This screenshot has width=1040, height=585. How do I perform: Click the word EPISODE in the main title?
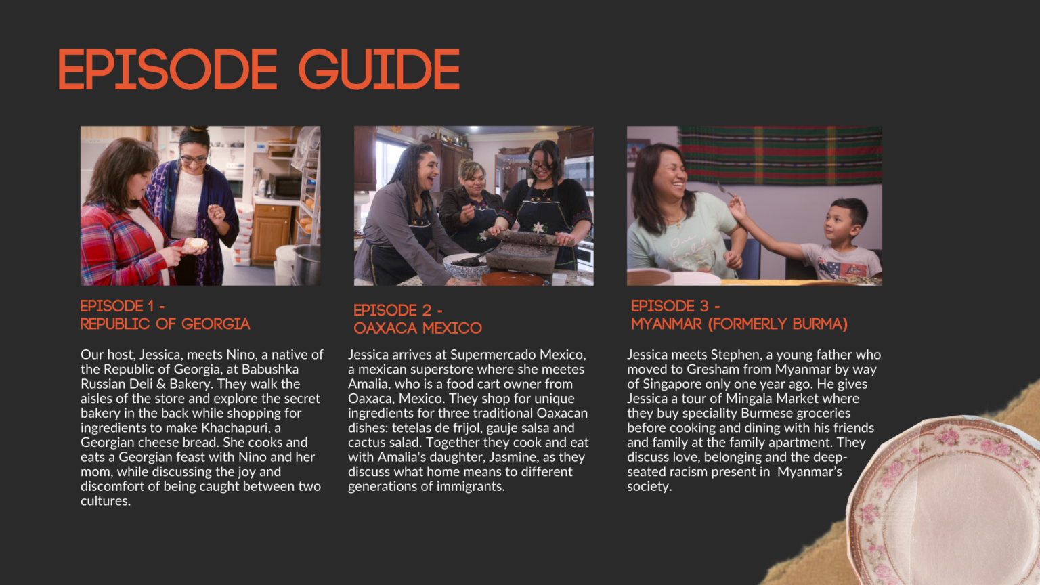click(x=168, y=70)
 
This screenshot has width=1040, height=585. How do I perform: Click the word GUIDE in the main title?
click(x=379, y=70)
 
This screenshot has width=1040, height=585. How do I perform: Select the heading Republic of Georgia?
click(x=165, y=324)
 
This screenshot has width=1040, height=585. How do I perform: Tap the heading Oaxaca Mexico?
click(x=417, y=328)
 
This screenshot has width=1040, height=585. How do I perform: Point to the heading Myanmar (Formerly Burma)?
click(x=739, y=324)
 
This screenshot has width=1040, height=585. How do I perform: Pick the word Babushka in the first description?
click(x=270, y=369)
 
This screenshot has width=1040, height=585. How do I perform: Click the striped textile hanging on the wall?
click(x=780, y=155)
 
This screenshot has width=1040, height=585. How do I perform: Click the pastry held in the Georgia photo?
click(x=198, y=243)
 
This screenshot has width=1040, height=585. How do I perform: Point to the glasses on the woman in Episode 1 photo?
click(x=194, y=160)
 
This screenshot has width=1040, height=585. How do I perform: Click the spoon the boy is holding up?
click(x=724, y=190)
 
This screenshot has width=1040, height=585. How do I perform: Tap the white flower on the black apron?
click(x=538, y=227)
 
